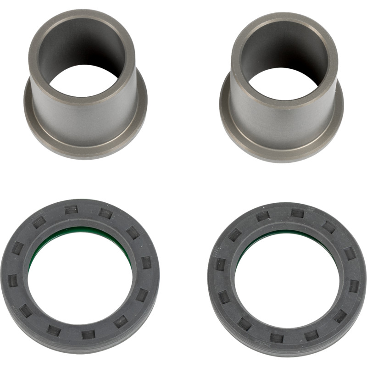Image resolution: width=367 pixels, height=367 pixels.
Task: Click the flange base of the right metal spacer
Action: [x=281, y=149]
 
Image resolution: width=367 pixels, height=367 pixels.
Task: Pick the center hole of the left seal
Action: [x=80, y=280]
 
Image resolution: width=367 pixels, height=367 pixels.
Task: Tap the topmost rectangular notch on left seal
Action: [x=71, y=210]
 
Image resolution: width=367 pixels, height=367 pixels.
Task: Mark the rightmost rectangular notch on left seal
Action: [x=145, y=263]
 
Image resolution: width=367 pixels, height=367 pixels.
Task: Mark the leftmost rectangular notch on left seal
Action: [x=13, y=280]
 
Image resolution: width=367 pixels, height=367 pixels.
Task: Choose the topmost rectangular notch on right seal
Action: [x=297, y=213]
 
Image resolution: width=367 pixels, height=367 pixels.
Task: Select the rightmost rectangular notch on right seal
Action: [x=353, y=285]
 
